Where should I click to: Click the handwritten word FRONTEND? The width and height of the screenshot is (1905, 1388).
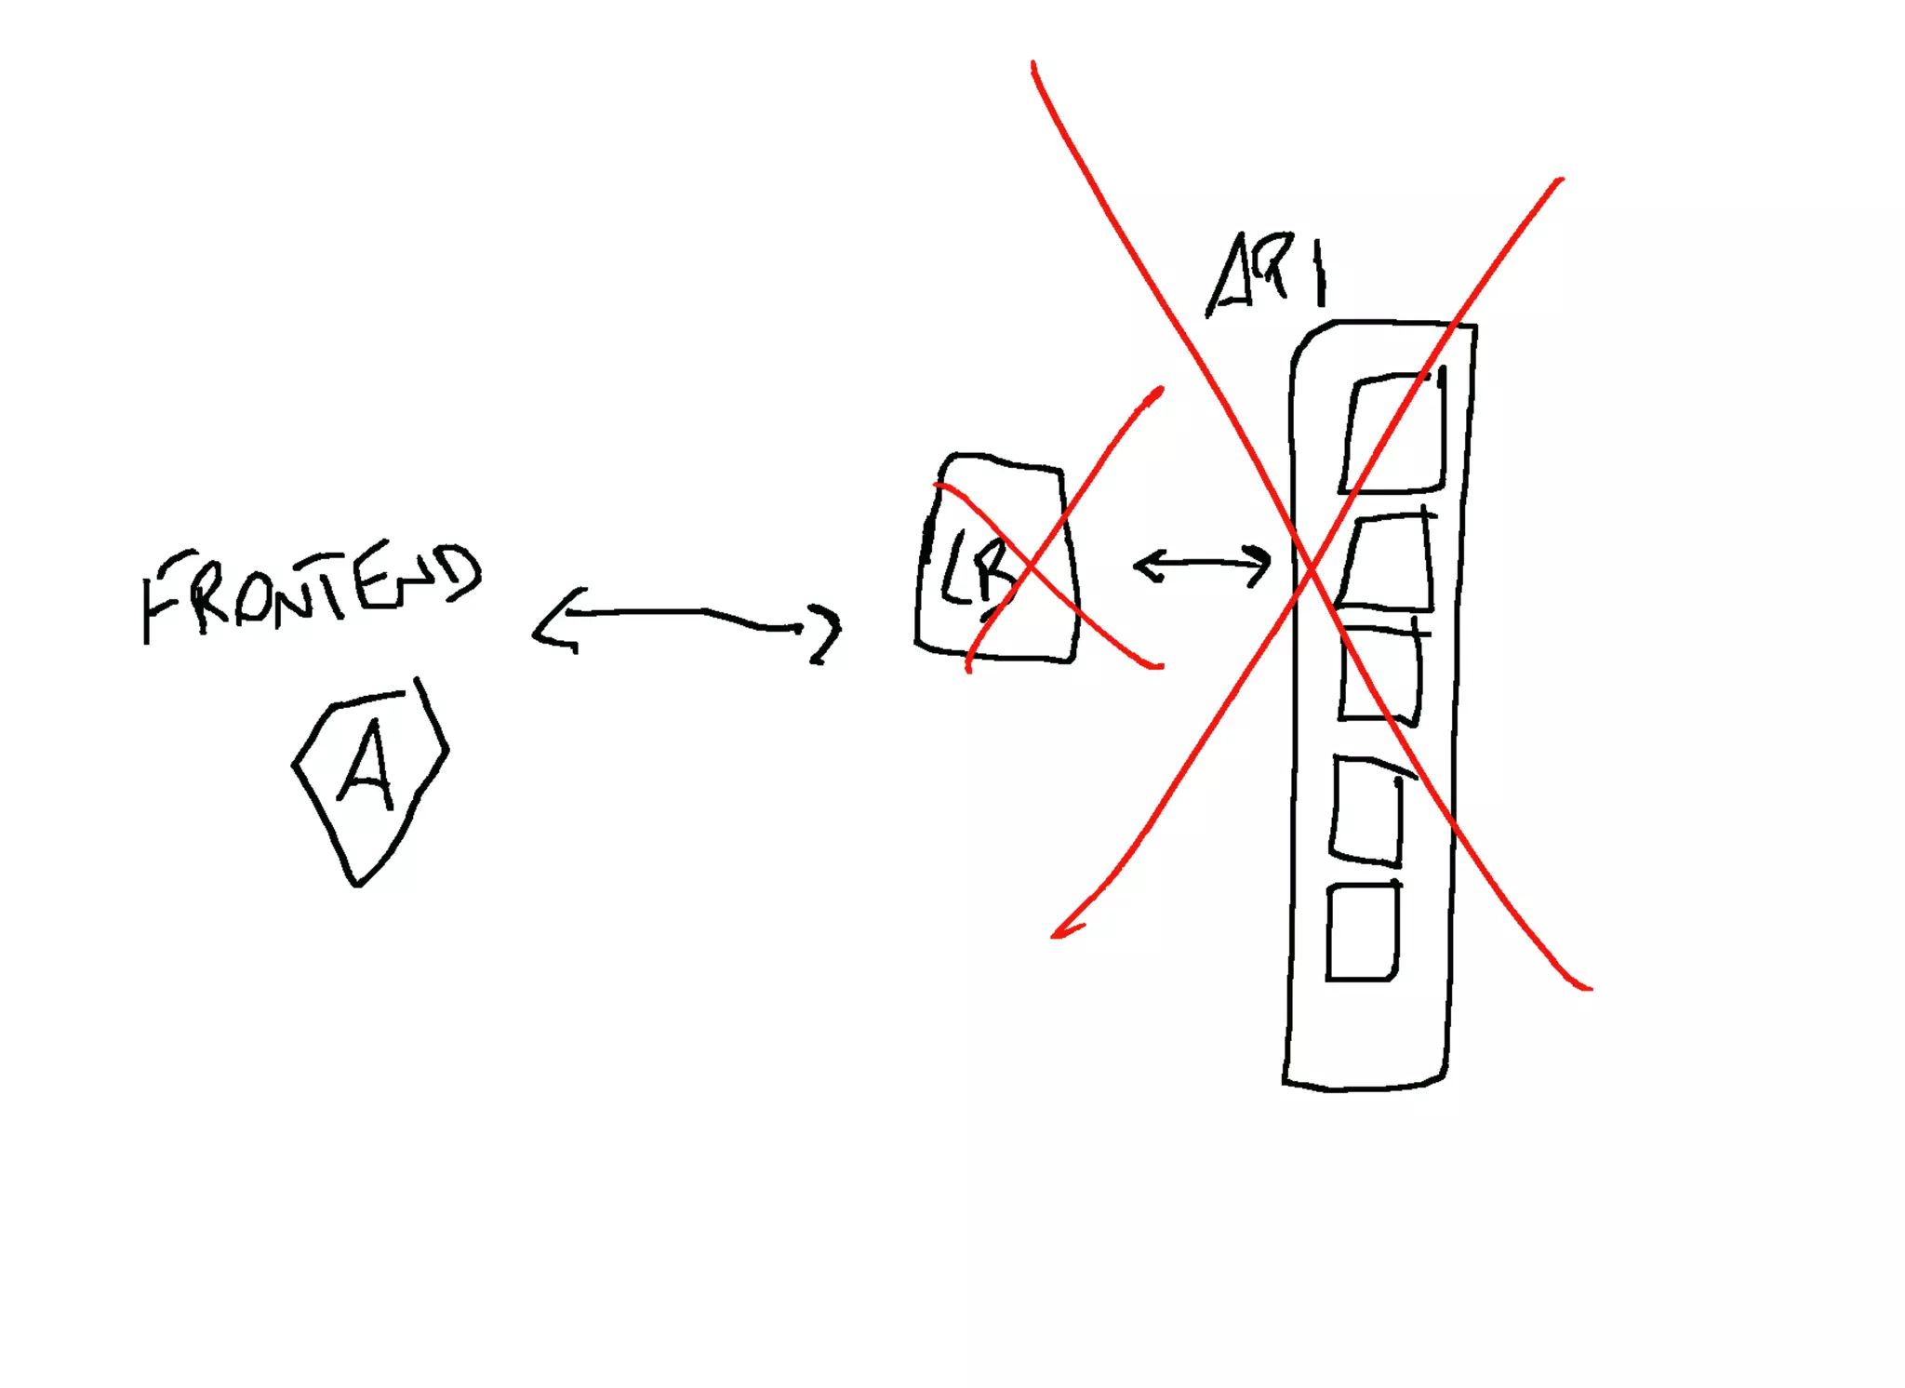pyautogui.click(x=312, y=591)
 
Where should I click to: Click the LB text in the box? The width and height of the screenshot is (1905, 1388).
pyautogui.click(x=977, y=567)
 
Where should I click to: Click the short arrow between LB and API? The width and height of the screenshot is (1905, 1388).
pyautogui.click(x=1202, y=564)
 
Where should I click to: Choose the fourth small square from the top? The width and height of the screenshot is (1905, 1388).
pyautogui.click(x=1367, y=809)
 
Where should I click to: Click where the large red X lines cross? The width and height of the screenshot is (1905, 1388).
pyautogui.click(x=1310, y=569)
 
